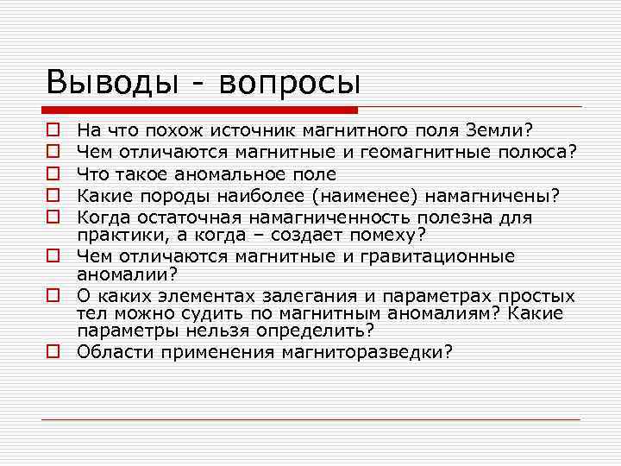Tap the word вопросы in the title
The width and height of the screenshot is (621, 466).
pos(289,84)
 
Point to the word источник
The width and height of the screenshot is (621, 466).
pos(251,131)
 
